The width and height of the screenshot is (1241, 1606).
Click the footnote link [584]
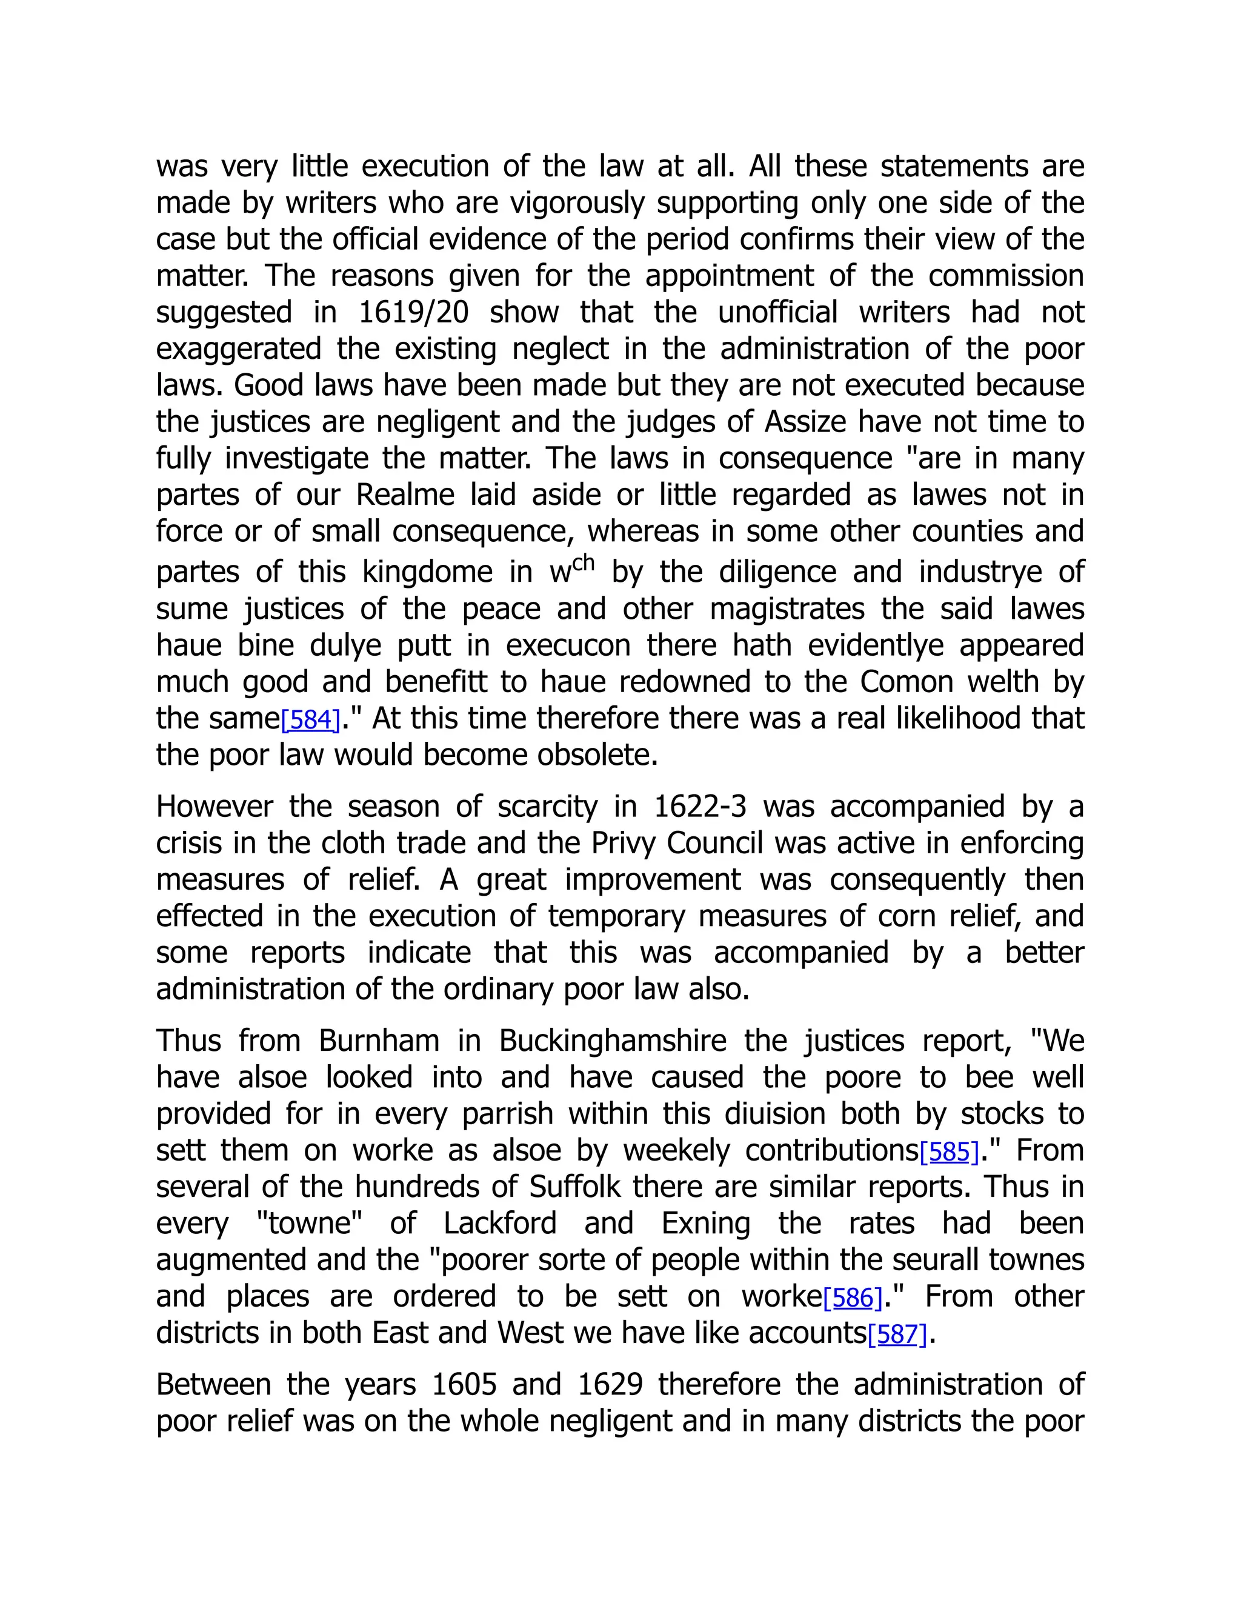point(310,720)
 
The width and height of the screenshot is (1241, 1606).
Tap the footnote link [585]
point(949,1151)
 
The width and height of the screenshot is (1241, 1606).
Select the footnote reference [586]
point(852,1298)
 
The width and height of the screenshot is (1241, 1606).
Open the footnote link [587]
point(897,1334)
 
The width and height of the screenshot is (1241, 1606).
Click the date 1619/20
point(413,313)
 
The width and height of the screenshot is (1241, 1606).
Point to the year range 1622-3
point(699,807)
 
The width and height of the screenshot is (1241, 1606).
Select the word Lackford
point(500,1224)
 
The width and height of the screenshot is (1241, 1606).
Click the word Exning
point(706,1224)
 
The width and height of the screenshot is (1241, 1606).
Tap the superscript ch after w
point(583,564)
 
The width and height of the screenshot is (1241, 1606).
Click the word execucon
point(568,645)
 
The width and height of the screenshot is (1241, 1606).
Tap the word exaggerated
point(239,348)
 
